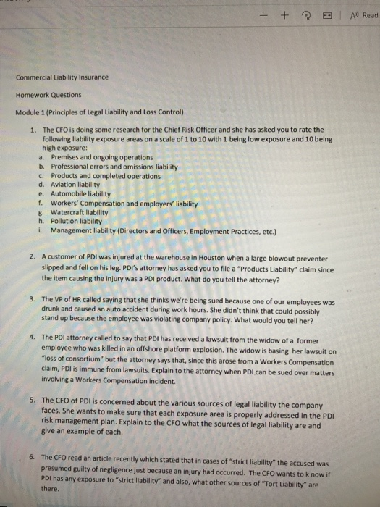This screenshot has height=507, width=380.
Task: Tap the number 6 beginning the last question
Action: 33,458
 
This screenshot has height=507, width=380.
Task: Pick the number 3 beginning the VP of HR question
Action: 33,298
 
